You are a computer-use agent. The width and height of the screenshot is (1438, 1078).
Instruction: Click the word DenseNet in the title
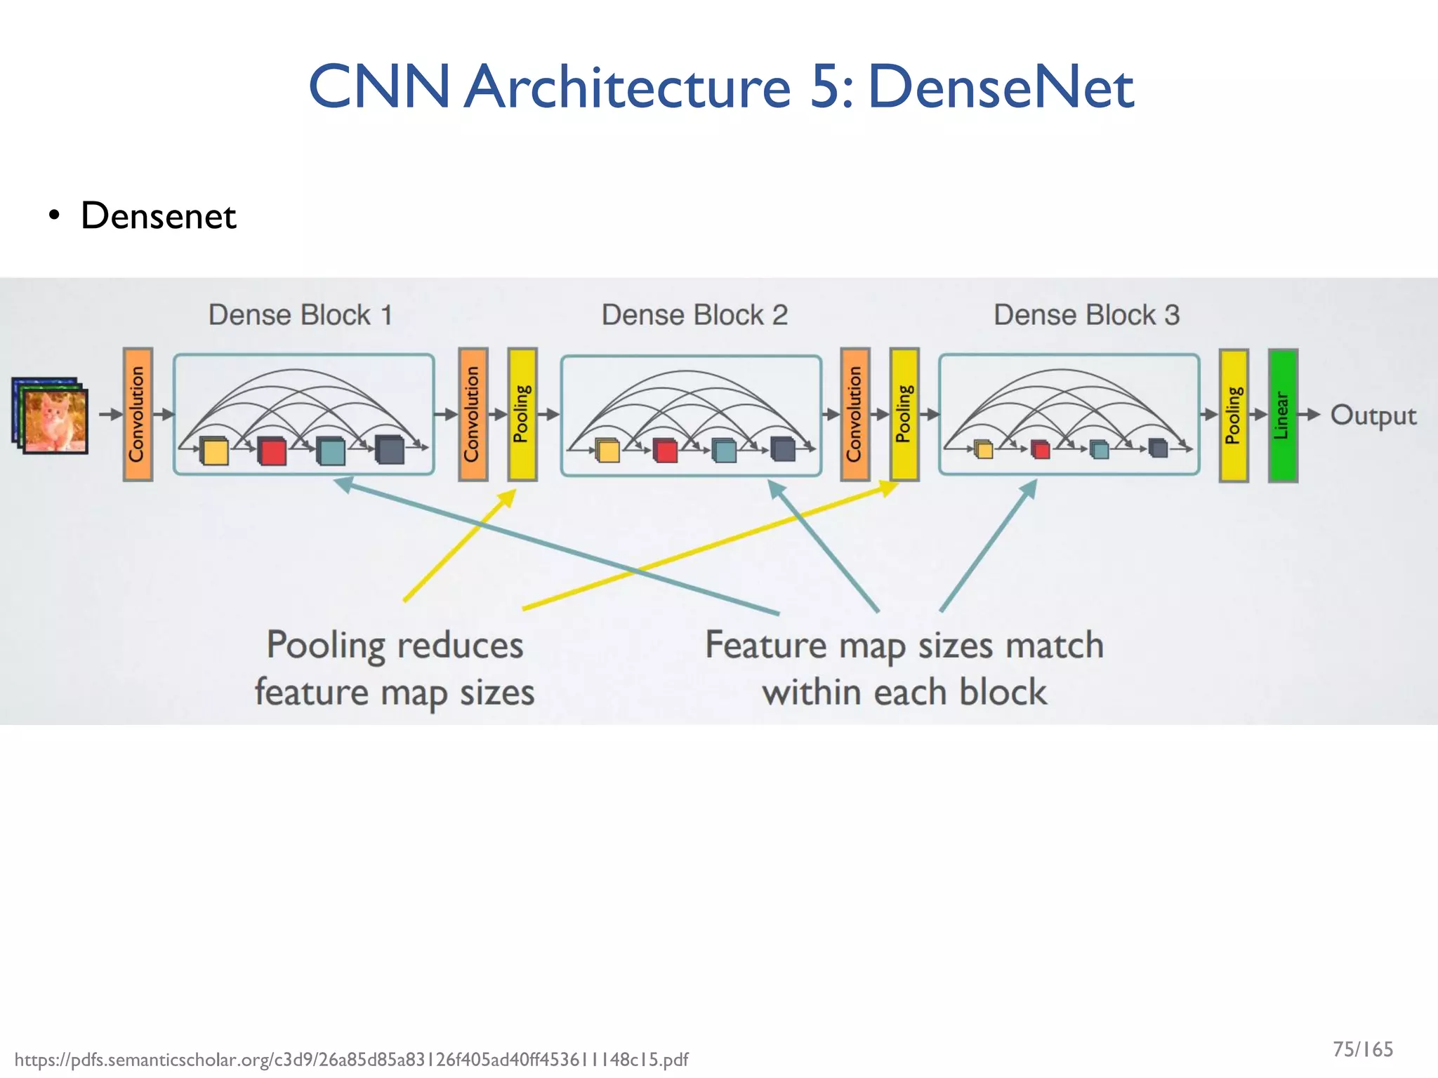pyautogui.click(x=1001, y=86)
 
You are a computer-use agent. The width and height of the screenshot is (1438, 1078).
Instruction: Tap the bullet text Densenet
pyautogui.click(x=158, y=215)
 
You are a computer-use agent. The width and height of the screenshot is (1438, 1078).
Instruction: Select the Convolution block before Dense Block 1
pyautogui.click(x=138, y=414)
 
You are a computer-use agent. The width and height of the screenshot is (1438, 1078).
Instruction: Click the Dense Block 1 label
pyautogui.click(x=301, y=315)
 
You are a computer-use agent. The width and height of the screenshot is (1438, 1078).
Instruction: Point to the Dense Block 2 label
pyautogui.click(x=694, y=315)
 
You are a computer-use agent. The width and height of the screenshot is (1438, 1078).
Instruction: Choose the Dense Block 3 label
pyautogui.click(x=1086, y=315)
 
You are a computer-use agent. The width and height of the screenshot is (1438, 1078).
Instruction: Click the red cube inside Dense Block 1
pyautogui.click(x=272, y=451)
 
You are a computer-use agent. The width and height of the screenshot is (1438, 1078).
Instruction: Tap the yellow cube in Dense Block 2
pyautogui.click(x=608, y=451)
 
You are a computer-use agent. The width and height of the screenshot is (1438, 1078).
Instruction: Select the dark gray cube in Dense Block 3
pyautogui.click(x=1158, y=448)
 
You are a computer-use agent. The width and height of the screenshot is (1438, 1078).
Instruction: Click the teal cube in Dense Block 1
pyautogui.click(x=331, y=451)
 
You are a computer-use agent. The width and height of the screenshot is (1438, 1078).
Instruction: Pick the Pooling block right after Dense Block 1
pyautogui.click(x=522, y=414)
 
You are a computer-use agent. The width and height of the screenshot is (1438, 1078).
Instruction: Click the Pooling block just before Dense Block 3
pyautogui.click(x=904, y=414)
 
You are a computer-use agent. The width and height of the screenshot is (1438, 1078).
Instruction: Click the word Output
pyautogui.click(x=1373, y=415)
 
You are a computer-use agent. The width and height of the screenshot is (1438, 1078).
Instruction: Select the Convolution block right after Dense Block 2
pyautogui.click(x=855, y=414)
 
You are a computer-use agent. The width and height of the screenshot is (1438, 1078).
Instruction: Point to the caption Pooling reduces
pyautogui.click(x=395, y=645)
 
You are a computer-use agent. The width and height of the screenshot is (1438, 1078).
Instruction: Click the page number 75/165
pyautogui.click(x=1362, y=1049)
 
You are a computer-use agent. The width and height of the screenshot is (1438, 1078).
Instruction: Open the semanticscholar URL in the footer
pyautogui.click(x=351, y=1059)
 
